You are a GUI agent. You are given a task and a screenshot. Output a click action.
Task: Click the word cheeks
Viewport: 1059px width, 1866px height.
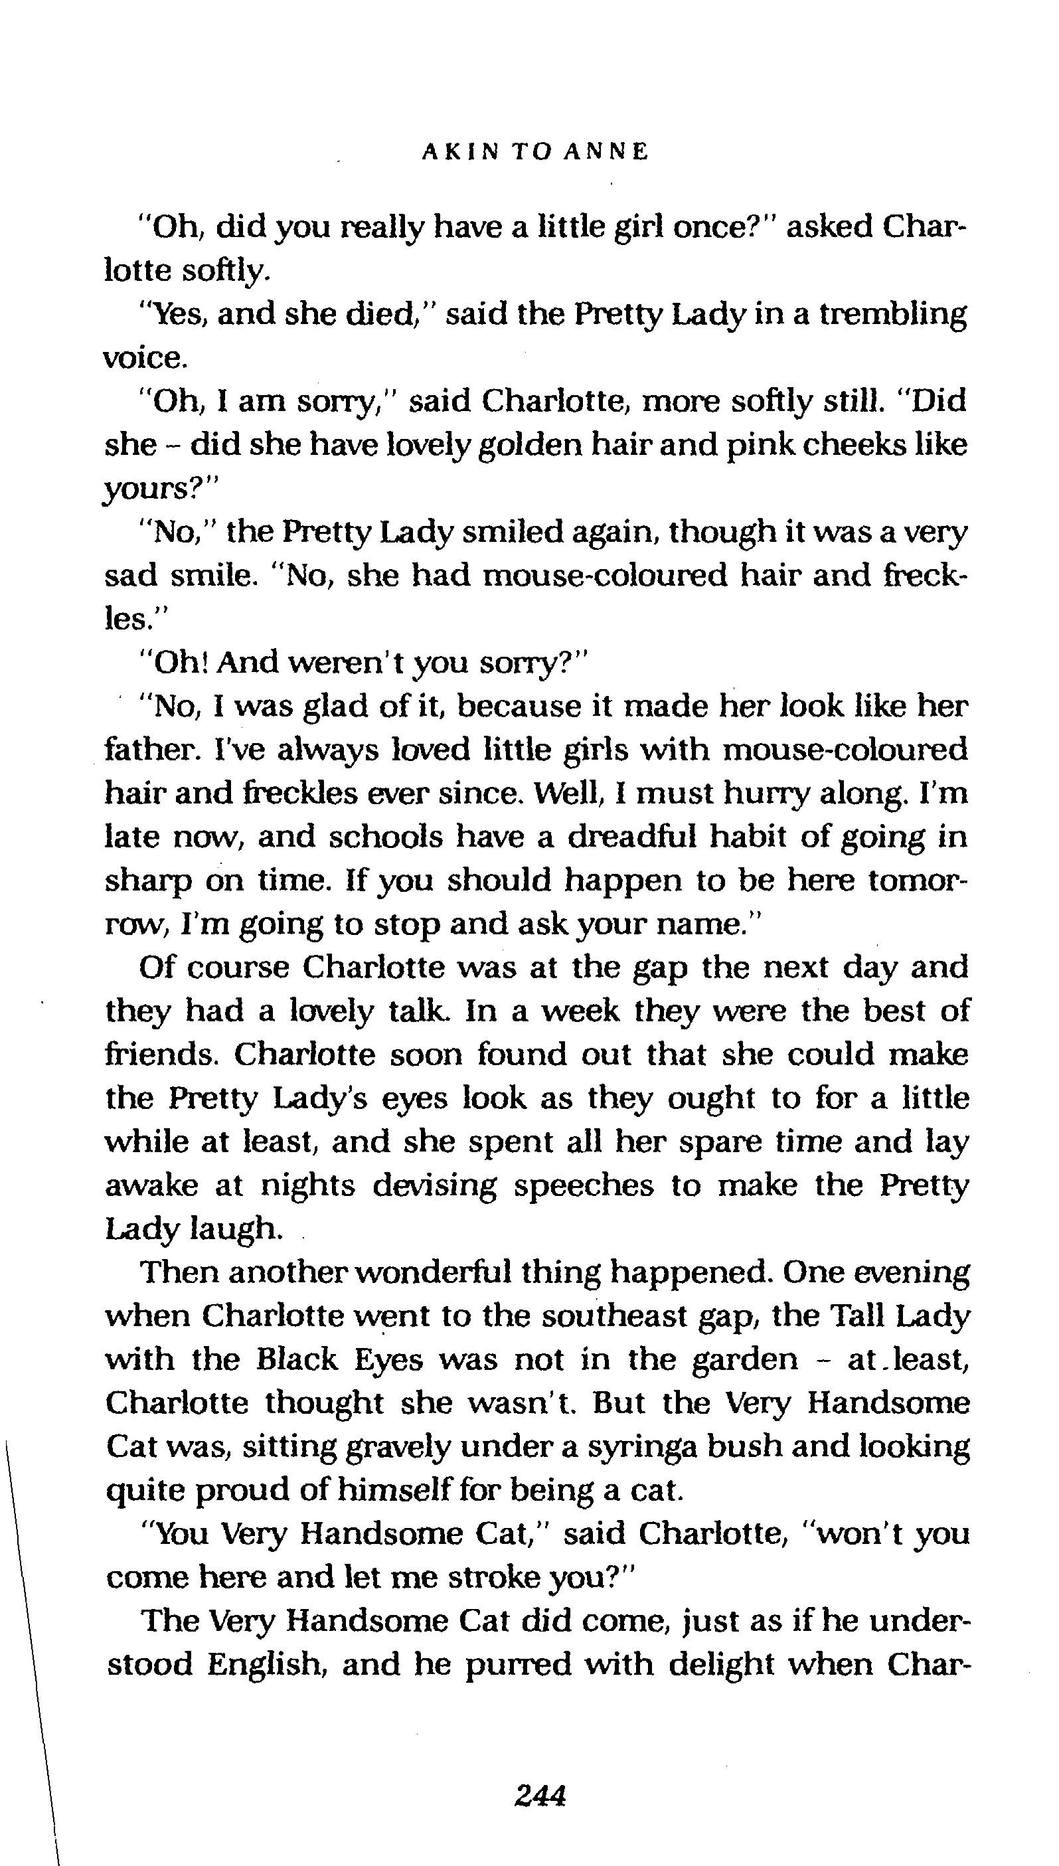pos(846,444)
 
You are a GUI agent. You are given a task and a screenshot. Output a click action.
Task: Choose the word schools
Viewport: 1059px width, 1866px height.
pos(386,837)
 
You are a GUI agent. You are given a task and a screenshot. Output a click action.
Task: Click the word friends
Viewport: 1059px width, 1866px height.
pos(162,1054)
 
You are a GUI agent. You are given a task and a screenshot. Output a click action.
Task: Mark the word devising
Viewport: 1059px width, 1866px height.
pos(435,1185)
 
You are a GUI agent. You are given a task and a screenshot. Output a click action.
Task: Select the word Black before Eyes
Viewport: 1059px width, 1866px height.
pos(297,1359)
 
